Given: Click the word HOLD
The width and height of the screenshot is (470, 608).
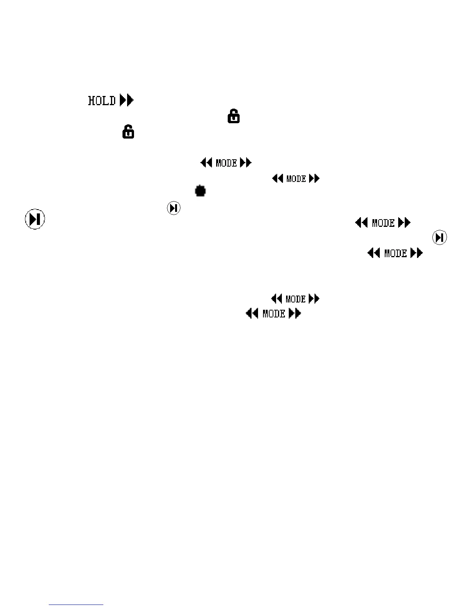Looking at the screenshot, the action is [x=102, y=101].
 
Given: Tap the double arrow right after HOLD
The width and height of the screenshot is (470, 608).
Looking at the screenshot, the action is [x=127, y=101].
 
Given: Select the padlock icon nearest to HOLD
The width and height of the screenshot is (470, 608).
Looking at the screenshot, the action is [x=128, y=132].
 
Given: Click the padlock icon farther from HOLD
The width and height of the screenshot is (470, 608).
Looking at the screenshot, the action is [x=234, y=116].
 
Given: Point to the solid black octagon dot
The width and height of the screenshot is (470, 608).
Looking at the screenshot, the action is [x=200, y=191].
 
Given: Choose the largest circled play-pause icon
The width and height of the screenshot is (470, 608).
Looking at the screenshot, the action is [x=35, y=220].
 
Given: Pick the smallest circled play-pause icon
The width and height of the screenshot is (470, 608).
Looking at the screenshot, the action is [x=174, y=208].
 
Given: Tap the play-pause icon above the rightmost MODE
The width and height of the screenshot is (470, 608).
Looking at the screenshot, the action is [x=440, y=238].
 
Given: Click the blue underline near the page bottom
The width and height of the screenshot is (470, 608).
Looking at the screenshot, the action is [x=76, y=605].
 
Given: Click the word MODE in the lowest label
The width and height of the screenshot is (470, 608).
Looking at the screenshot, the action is [x=274, y=314].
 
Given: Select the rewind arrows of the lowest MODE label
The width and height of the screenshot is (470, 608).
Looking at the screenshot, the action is [x=252, y=314].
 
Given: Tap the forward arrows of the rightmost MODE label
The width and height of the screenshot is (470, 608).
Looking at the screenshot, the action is [x=417, y=253].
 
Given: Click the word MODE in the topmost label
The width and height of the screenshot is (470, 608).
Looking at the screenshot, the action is [x=226, y=163].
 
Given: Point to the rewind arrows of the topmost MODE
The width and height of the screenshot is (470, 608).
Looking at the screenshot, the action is [x=207, y=163].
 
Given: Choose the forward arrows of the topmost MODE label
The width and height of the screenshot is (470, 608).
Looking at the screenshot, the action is [x=246, y=163].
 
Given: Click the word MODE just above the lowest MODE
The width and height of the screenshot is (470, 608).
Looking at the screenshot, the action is [x=296, y=299].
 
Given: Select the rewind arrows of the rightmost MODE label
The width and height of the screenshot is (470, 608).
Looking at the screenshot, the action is [x=374, y=253].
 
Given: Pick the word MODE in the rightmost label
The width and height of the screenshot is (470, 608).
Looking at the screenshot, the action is [x=396, y=253].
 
